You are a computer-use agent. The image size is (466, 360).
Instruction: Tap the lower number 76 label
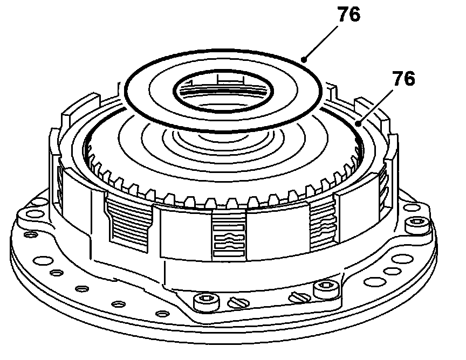403,80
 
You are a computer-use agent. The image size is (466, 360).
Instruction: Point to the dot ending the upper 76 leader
305,60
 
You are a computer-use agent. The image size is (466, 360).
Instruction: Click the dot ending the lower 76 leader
359,123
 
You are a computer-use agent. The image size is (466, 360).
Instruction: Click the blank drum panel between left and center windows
181,232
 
